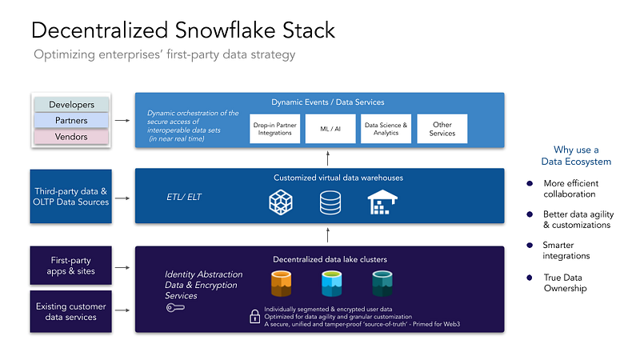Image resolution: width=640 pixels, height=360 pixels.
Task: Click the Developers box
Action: (x=71, y=105)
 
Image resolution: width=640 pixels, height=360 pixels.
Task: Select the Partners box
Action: (x=71, y=121)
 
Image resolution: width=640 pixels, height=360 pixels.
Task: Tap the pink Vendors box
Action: (x=71, y=136)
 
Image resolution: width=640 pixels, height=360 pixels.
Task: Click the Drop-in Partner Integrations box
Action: (x=274, y=129)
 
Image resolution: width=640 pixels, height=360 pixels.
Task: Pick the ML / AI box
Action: (x=330, y=129)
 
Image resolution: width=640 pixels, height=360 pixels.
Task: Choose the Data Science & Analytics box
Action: (x=386, y=129)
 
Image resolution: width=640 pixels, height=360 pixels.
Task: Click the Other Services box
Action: (x=442, y=129)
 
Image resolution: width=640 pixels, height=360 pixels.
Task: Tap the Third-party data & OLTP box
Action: (x=70, y=196)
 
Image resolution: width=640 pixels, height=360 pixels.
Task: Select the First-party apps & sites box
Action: (x=70, y=266)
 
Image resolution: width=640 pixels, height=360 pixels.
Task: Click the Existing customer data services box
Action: (x=70, y=311)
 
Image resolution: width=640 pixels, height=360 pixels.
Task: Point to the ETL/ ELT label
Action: (x=184, y=197)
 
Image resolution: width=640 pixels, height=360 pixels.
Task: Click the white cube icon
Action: (x=281, y=202)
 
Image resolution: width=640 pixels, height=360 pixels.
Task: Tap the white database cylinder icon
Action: (x=330, y=203)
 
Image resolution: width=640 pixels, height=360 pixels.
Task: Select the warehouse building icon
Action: (x=382, y=202)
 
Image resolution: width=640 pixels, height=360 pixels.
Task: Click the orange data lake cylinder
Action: (x=282, y=283)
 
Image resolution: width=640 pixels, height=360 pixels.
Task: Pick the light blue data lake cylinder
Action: (x=331, y=283)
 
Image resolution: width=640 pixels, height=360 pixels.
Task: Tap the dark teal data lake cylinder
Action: (x=382, y=283)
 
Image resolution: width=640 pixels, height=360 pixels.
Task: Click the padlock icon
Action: (x=254, y=316)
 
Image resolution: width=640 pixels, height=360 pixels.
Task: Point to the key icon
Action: (x=175, y=307)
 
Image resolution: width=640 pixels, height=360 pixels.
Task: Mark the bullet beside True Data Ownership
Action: (x=530, y=278)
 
